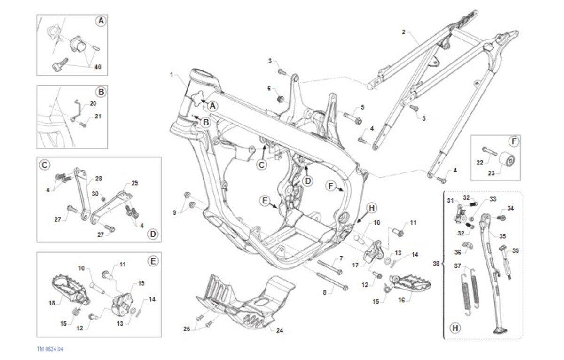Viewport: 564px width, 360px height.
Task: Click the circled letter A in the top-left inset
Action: [100, 21]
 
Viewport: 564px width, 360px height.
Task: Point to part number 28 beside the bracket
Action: [98, 179]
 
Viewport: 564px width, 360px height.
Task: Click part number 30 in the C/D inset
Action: [95, 194]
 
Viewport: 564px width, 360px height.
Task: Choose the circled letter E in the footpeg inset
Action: [153, 260]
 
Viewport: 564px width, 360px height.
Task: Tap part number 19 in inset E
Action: [141, 283]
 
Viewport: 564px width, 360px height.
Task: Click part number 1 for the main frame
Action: [172, 75]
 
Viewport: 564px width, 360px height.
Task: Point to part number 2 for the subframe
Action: [403, 32]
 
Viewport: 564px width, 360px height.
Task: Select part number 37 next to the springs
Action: [458, 266]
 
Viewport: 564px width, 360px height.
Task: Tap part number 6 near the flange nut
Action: [269, 88]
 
